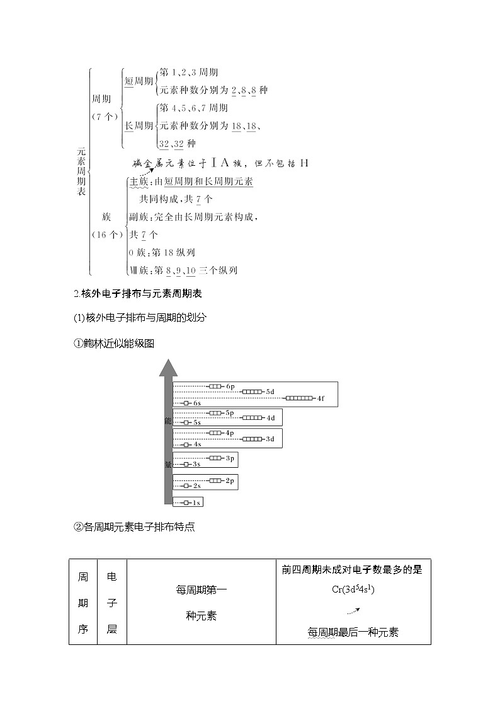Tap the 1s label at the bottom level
[x=196, y=502]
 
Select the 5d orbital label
[x=270, y=392]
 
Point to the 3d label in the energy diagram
[x=270, y=438]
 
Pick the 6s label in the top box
[x=196, y=403]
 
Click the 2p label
[x=230, y=480]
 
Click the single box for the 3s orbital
[x=186, y=464]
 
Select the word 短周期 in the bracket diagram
[x=139, y=81]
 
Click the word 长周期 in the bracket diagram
[x=139, y=125]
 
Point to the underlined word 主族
[x=138, y=182]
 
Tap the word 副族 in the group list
[x=138, y=217]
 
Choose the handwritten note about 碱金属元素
[x=220, y=163]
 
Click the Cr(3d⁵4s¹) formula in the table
[x=353, y=589]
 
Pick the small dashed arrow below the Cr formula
[x=353, y=610]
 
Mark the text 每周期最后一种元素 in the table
[x=353, y=632]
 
